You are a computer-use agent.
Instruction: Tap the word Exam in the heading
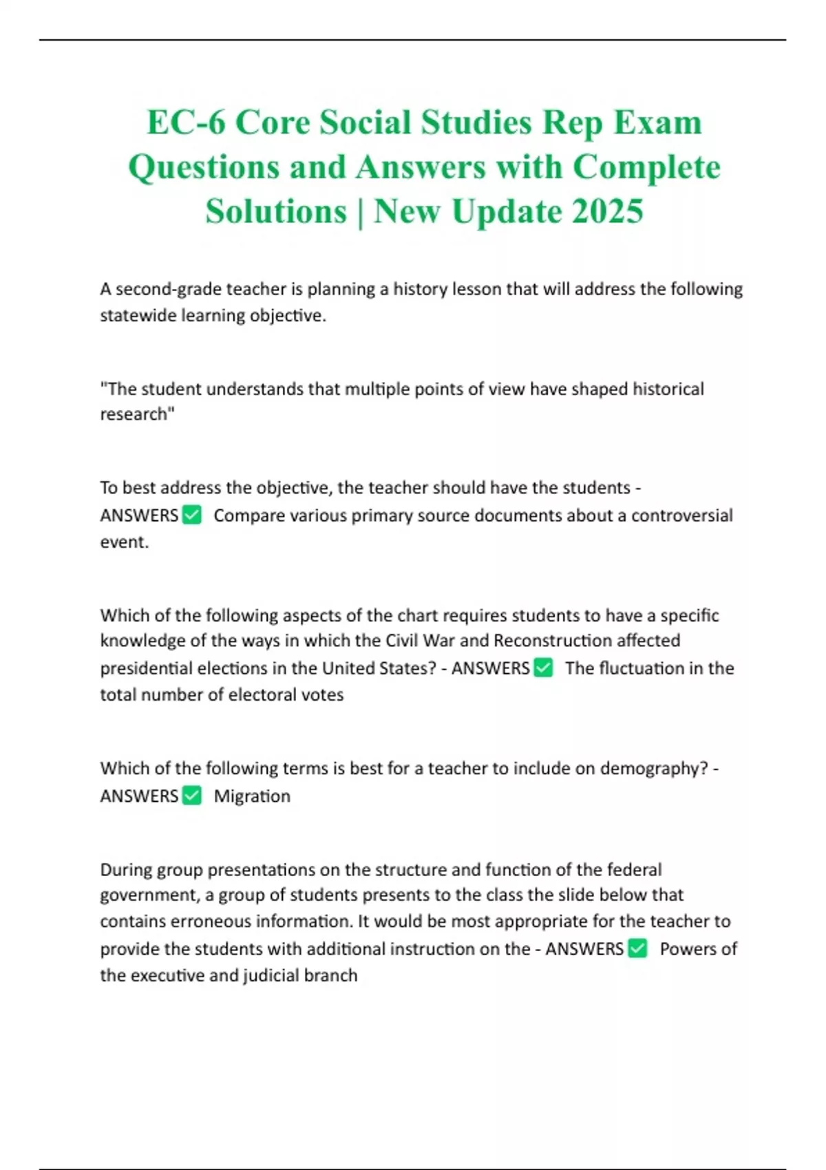click(657, 123)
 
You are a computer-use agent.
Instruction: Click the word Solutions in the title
click(276, 211)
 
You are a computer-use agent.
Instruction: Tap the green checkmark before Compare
click(192, 515)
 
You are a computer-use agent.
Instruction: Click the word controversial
click(681, 515)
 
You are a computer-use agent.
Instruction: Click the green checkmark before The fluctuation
click(543, 668)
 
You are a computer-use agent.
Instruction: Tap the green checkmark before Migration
click(192, 796)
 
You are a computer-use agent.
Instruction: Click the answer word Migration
click(252, 796)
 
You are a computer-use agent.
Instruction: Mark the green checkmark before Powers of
click(638, 948)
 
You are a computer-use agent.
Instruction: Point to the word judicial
click(273, 975)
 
